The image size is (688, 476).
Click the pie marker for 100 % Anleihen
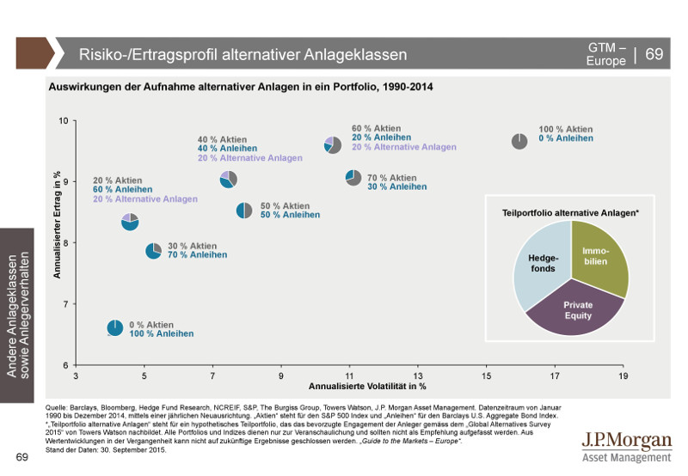[x=115, y=327]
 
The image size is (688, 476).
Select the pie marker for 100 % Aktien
[x=519, y=141]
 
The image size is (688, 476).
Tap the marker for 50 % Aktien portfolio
[x=244, y=211]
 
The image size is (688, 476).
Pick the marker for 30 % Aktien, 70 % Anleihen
[x=153, y=250]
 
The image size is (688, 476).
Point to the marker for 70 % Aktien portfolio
[x=353, y=177]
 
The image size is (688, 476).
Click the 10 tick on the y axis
[x=63, y=120]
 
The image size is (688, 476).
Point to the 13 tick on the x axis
[x=418, y=375]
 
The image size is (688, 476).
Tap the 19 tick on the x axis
[x=623, y=375]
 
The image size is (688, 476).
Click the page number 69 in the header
[x=654, y=54]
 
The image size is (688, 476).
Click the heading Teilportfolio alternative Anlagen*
[x=570, y=211]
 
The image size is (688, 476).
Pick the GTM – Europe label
[x=606, y=54]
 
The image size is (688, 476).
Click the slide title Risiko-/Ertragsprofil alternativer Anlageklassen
[x=243, y=55]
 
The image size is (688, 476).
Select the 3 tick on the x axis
[x=76, y=375]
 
